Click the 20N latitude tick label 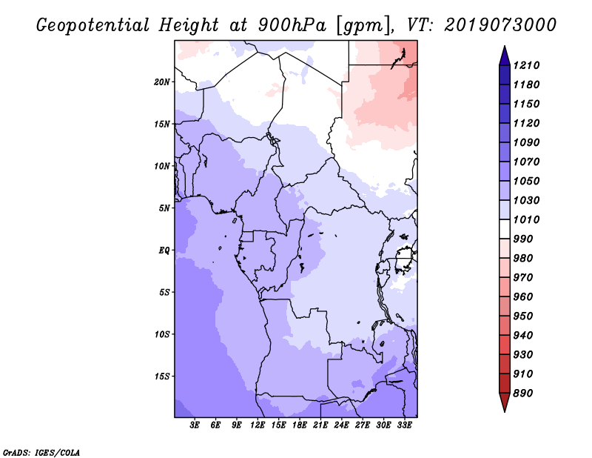coord(162,82)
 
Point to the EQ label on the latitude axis coord(164,250)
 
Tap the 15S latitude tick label coord(162,376)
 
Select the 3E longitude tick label coord(195,425)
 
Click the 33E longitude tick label coord(404,425)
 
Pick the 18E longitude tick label coord(300,425)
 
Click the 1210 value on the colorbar coord(526,65)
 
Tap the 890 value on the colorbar coord(523,394)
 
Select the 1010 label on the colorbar coord(526,219)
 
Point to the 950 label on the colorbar coord(523,316)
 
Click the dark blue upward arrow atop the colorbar coord(505,56)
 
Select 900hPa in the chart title coord(292,25)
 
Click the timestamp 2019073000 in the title coord(500,25)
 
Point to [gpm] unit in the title coord(363,26)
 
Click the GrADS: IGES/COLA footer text coord(41,453)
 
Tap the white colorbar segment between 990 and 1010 coord(505,229)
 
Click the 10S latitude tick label coord(162,334)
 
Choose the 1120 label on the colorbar coord(526,123)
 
